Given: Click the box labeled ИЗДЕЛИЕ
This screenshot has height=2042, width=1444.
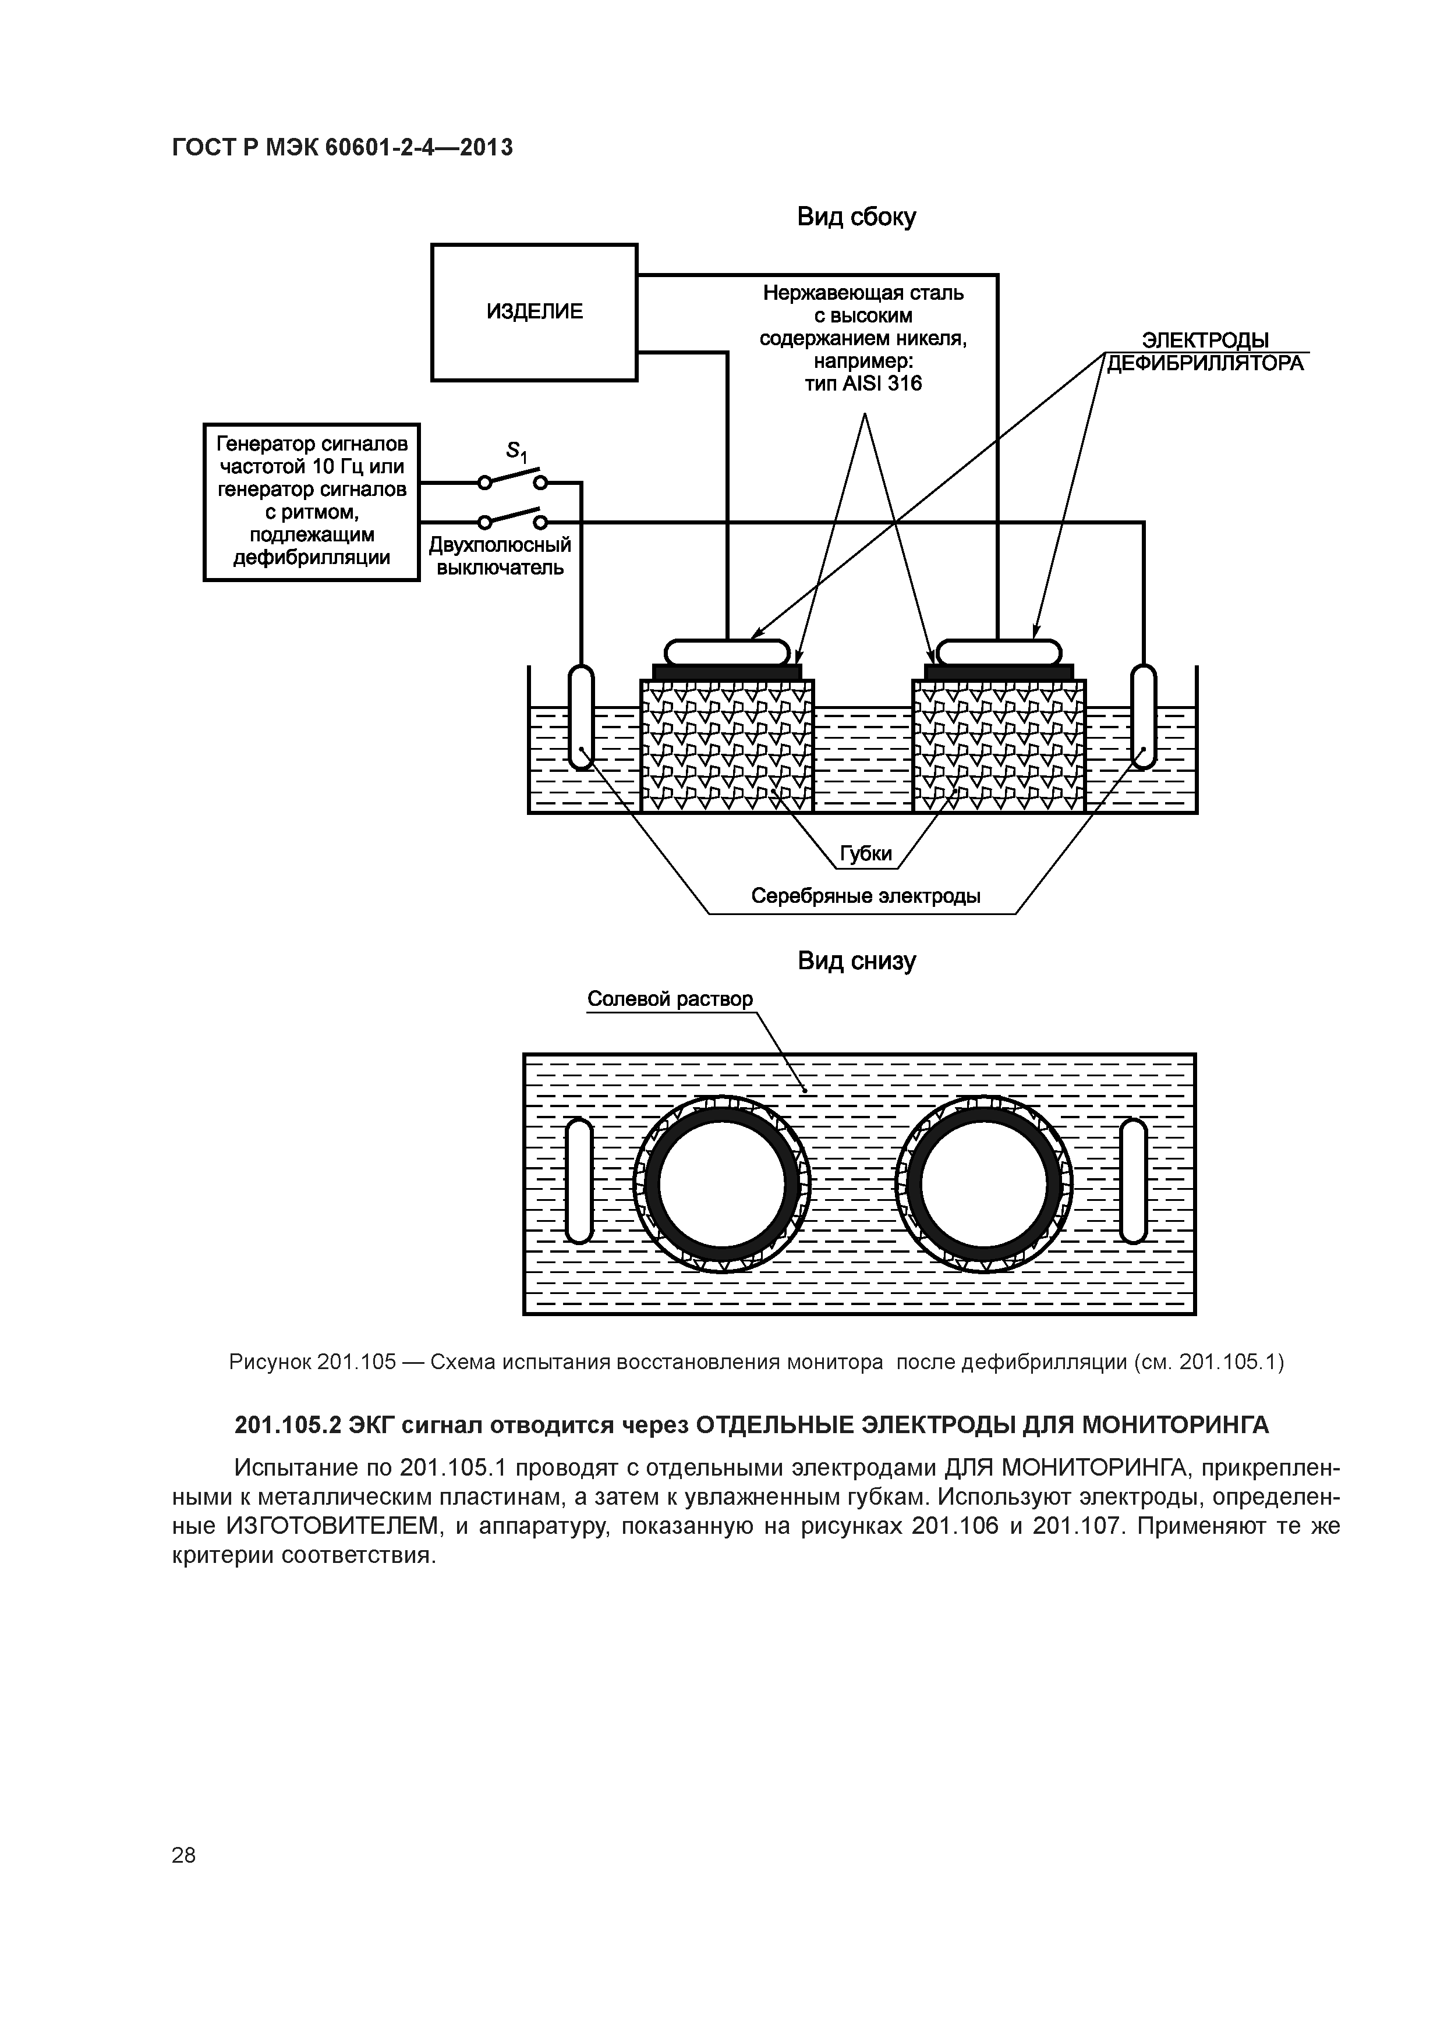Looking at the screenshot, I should [x=534, y=312].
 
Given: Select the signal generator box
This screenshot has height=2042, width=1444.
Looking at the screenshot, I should [x=312, y=502].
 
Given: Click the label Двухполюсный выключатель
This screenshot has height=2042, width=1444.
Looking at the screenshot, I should [x=500, y=556].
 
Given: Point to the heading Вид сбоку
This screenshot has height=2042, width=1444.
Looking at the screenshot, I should [x=856, y=217].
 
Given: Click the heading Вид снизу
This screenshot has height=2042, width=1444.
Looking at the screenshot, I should [x=856, y=962].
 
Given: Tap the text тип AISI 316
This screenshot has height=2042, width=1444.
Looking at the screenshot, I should [x=863, y=384].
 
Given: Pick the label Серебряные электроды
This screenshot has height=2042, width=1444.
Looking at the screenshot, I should [x=865, y=896].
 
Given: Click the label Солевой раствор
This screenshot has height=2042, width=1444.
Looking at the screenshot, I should [x=669, y=999].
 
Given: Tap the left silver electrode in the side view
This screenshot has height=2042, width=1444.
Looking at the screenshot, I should [x=580, y=716].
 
